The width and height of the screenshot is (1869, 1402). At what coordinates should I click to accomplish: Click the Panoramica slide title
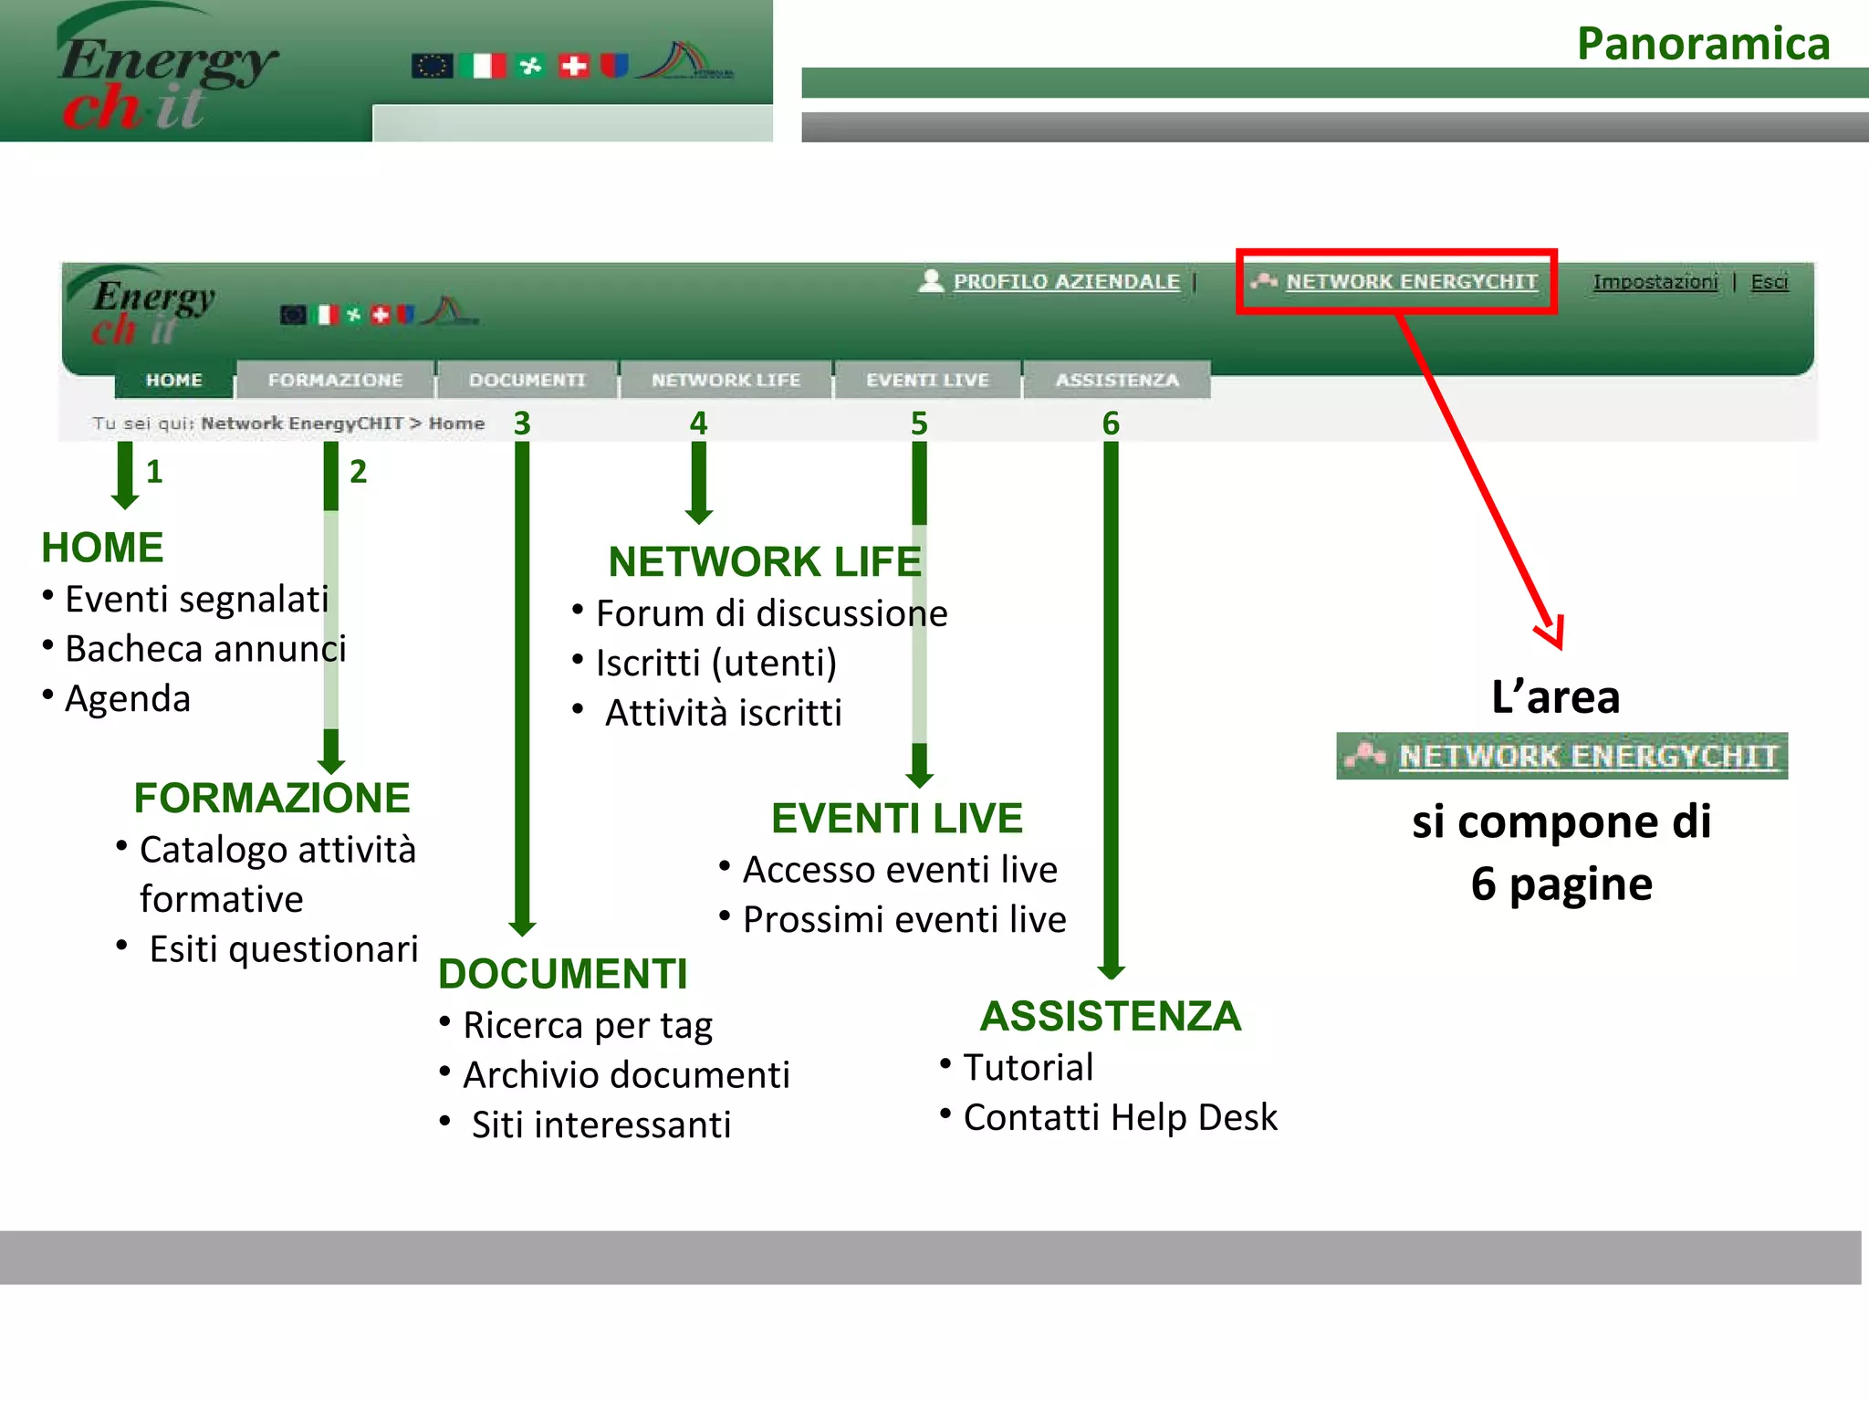[1703, 44]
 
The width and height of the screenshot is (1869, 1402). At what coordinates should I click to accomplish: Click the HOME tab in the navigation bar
[173, 380]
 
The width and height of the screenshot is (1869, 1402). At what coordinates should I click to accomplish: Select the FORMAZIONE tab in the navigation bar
[335, 380]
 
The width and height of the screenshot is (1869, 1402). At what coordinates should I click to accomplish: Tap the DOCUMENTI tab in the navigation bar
[527, 380]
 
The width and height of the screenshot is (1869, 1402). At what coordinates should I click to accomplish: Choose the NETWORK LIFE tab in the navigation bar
[726, 380]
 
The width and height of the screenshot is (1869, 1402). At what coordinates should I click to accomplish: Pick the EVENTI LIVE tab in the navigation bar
[927, 380]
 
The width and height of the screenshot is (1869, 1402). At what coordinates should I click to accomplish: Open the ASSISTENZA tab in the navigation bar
[1117, 380]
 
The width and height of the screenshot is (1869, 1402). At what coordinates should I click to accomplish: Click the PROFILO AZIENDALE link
[1066, 282]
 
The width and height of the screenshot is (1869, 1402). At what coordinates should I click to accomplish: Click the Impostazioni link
[1655, 282]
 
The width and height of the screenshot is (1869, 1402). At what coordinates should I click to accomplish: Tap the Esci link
[1769, 282]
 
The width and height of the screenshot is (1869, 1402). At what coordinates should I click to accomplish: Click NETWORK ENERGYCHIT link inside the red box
[1411, 282]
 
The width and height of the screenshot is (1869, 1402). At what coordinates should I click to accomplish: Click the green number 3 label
[522, 424]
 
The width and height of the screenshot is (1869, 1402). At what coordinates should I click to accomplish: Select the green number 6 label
[1111, 424]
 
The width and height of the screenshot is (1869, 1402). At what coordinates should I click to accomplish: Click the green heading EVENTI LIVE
[896, 818]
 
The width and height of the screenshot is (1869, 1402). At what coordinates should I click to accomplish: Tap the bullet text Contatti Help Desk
[1120, 1117]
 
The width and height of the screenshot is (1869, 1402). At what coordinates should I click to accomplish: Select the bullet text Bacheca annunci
[205, 649]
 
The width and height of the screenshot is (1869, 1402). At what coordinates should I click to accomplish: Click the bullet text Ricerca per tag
[588, 1026]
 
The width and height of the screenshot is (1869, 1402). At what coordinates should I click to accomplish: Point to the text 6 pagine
[1561, 884]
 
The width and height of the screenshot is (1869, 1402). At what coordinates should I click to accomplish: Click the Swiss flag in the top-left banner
[574, 66]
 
